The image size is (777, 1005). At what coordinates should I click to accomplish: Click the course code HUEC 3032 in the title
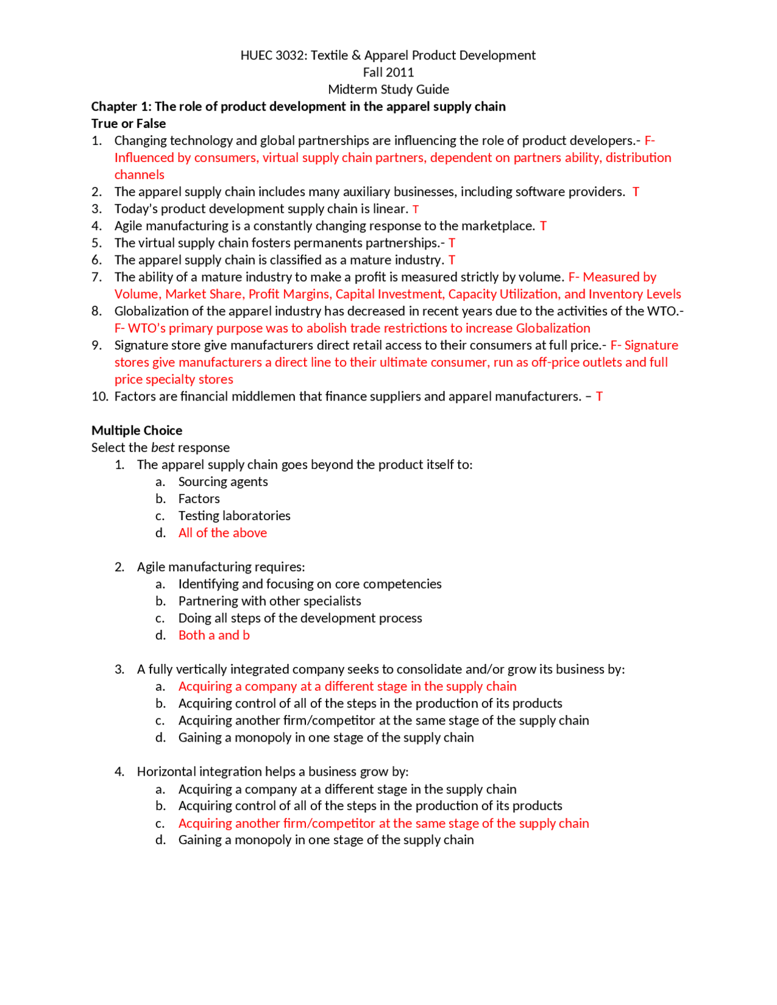click(x=273, y=55)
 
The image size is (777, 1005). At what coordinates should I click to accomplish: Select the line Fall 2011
click(x=388, y=72)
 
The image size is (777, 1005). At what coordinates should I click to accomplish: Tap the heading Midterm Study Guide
click(x=388, y=89)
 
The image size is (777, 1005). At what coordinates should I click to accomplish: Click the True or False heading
click(x=128, y=123)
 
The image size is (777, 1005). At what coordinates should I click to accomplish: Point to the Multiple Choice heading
click(x=137, y=430)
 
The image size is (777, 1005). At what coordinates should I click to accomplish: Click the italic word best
click(x=162, y=447)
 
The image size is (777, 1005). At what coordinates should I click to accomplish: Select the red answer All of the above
click(x=222, y=532)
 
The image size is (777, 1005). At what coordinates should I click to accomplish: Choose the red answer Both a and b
click(x=214, y=635)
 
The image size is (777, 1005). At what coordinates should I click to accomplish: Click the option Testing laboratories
click(x=234, y=515)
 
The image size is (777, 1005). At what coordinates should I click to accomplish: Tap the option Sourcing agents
click(x=223, y=481)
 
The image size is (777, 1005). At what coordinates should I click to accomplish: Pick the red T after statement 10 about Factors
click(x=599, y=396)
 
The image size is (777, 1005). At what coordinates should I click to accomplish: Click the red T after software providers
click(x=636, y=192)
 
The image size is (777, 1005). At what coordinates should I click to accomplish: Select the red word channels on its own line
click(x=139, y=175)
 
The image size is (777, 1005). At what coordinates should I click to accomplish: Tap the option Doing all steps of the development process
click(x=300, y=618)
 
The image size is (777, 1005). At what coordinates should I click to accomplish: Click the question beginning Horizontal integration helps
click(x=273, y=771)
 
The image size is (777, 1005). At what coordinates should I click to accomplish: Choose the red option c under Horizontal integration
click(x=383, y=823)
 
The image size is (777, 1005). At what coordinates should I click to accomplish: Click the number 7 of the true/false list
click(x=97, y=277)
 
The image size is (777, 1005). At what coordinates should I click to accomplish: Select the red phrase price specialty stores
click(x=174, y=379)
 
